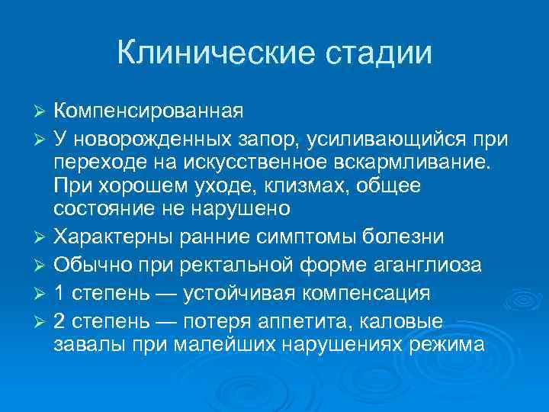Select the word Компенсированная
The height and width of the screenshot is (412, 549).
149,111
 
